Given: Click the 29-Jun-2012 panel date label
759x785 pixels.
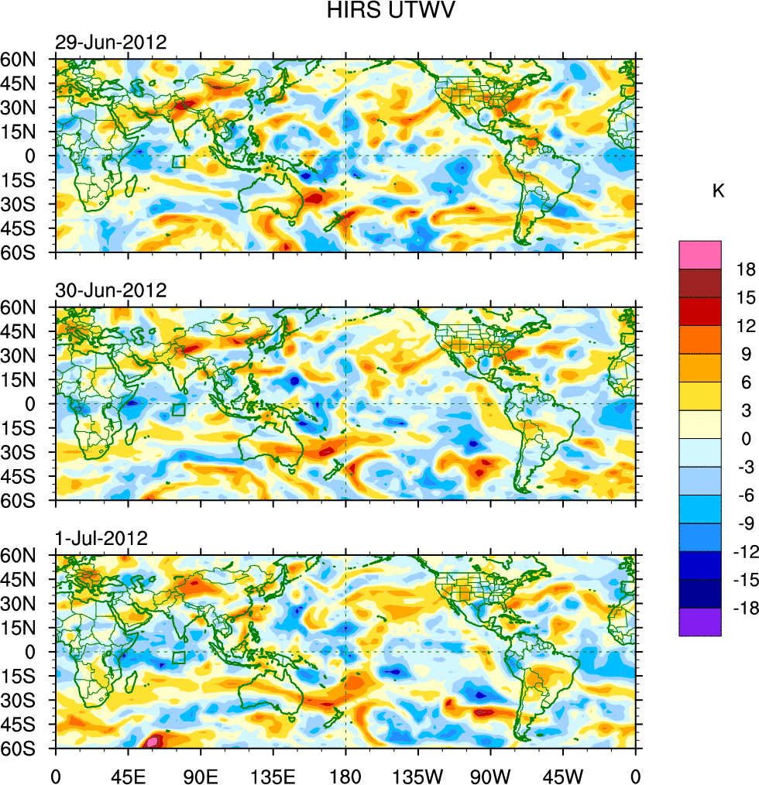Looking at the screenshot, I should pos(111,42).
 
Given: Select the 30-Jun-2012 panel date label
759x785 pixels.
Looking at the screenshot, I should pos(111,290).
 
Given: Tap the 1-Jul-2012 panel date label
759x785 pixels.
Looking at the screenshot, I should pos(101,539).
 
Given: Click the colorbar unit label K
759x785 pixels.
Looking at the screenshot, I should pos(719,190).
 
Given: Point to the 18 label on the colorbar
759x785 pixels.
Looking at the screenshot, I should pos(746,269).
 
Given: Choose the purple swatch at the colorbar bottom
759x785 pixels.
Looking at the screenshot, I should pos(700,622).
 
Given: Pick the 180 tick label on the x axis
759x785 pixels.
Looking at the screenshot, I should pos(345,774).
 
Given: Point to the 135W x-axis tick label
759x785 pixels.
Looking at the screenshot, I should pos(417,774).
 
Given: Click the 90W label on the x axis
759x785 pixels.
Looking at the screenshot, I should pos(490,774).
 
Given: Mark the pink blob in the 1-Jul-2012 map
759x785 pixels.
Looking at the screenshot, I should pos(153,741).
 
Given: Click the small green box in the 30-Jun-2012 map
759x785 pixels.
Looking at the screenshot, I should pos(179,410).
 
